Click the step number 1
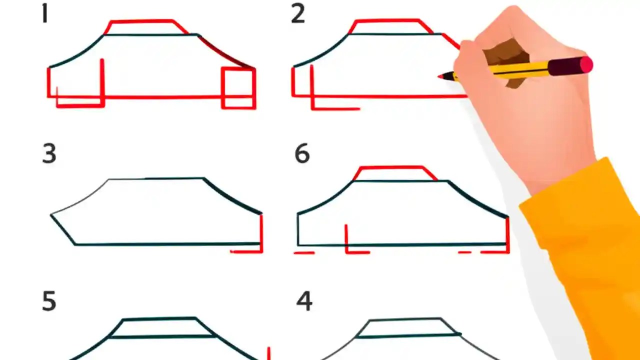click(x=45, y=14)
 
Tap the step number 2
click(x=297, y=14)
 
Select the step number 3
click(x=49, y=154)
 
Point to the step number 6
click(x=302, y=154)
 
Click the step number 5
click(x=48, y=302)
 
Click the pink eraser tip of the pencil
click(x=586, y=64)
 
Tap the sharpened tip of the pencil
click(x=441, y=76)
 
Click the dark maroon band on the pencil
click(x=563, y=66)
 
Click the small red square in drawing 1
click(x=238, y=88)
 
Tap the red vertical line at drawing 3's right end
click(x=261, y=232)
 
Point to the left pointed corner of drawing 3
click(x=51, y=215)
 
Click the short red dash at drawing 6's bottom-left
click(x=304, y=253)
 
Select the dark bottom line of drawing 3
click(x=165, y=244)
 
